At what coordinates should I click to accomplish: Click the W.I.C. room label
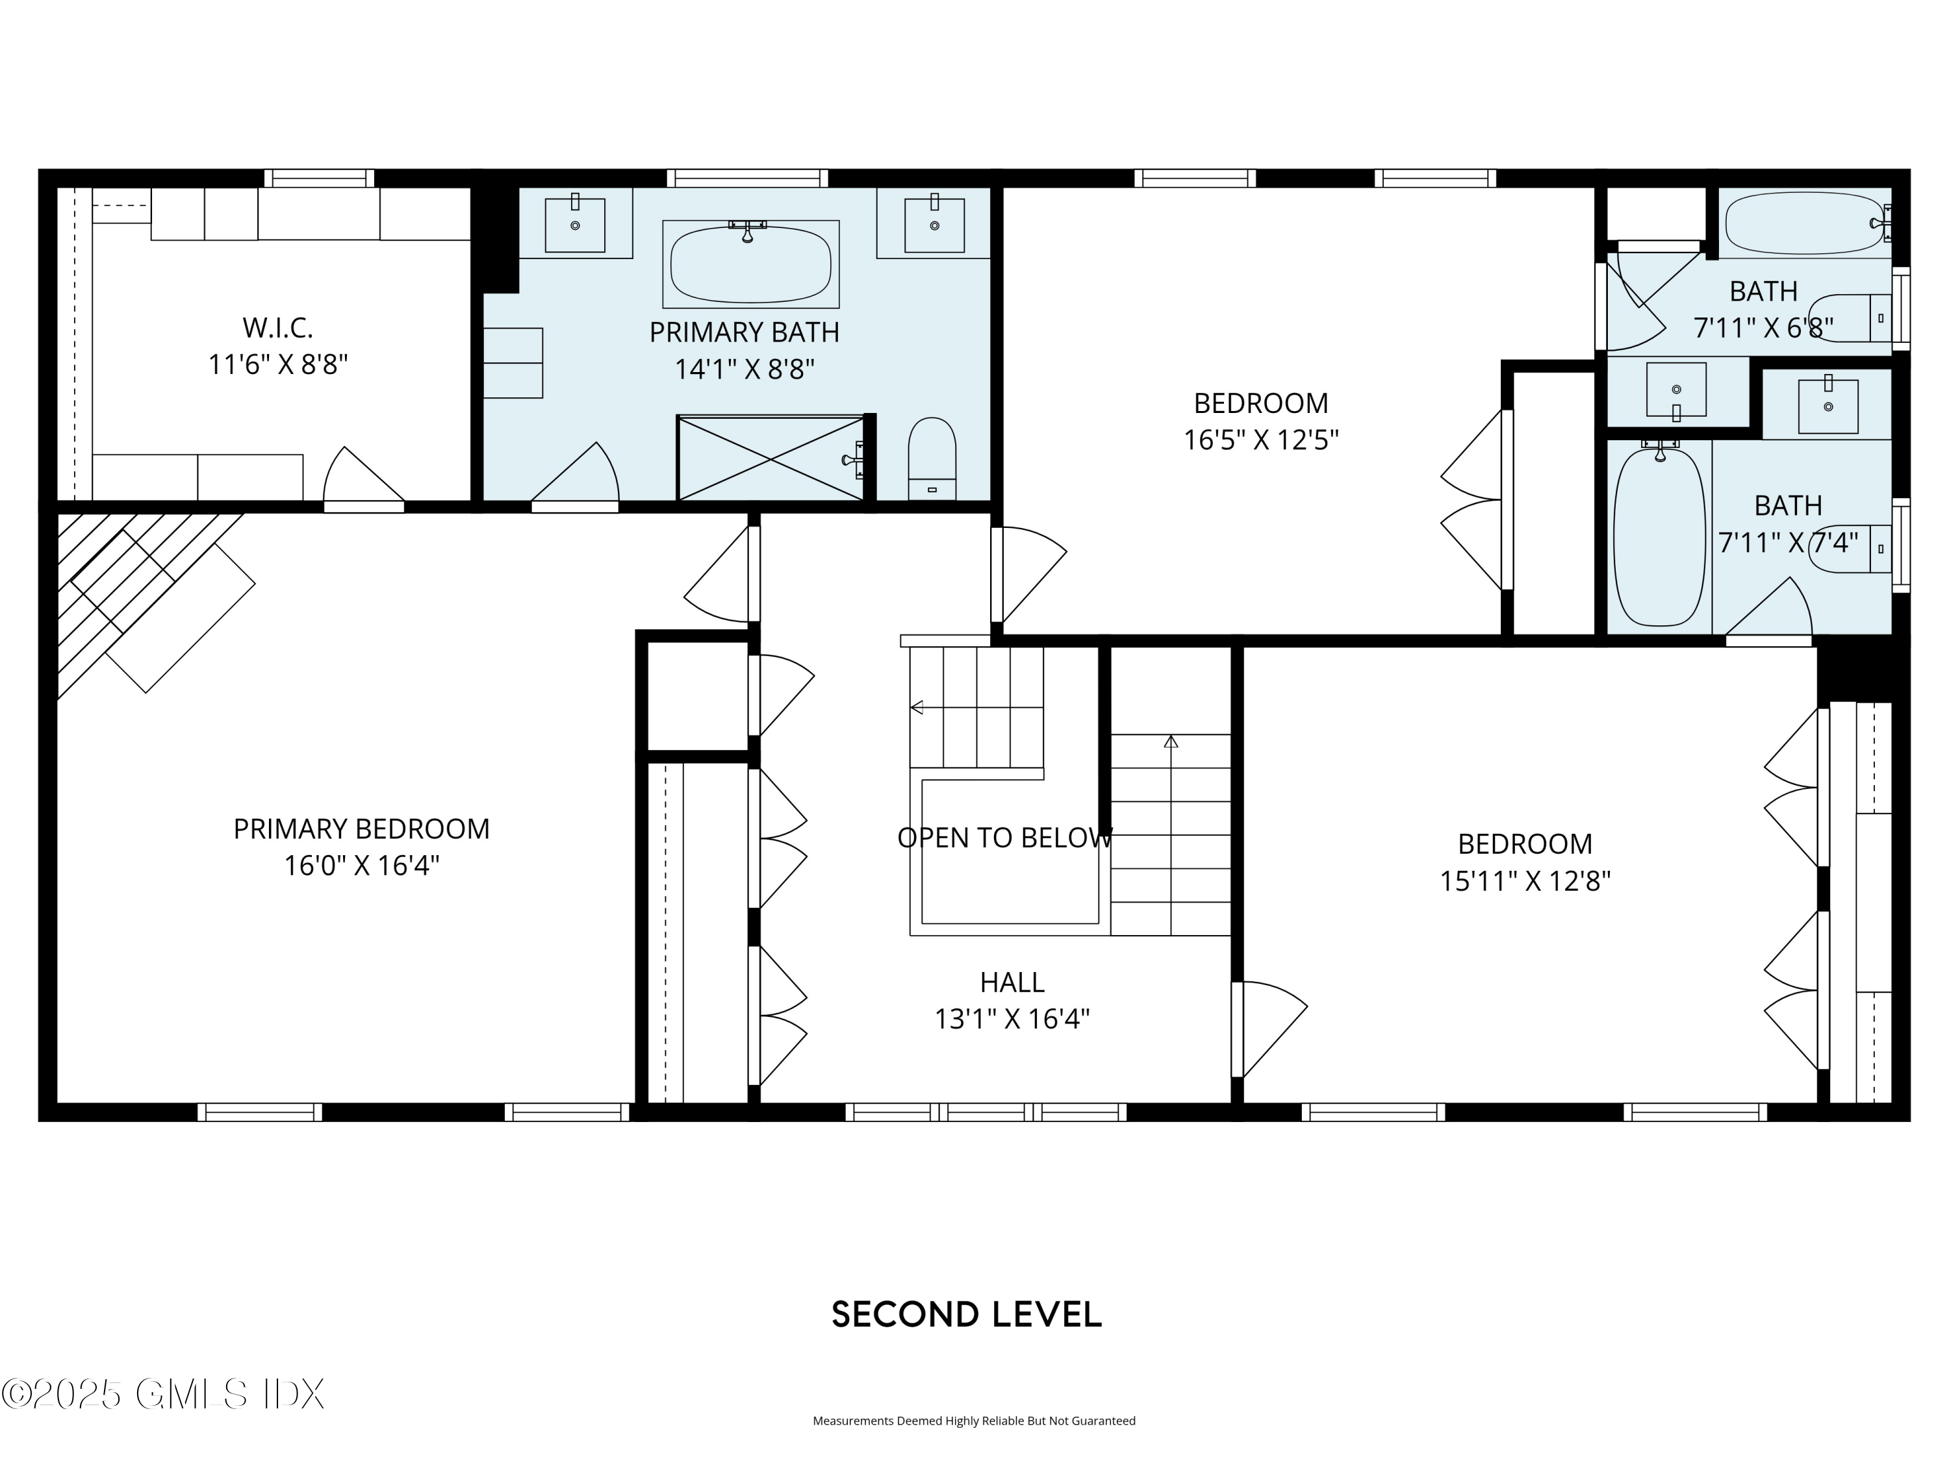click(x=277, y=329)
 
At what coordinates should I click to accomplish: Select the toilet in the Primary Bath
click(x=932, y=458)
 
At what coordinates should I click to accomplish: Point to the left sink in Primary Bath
click(x=574, y=225)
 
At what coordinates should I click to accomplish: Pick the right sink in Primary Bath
click(x=934, y=225)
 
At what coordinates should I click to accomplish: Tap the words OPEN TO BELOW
click(x=1004, y=838)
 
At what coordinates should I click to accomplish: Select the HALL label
click(x=1012, y=982)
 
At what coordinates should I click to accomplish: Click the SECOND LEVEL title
click(x=967, y=1315)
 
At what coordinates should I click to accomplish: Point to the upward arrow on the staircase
click(x=1170, y=742)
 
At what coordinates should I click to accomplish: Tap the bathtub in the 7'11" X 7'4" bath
click(x=1659, y=536)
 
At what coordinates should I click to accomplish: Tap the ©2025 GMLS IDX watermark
click(x=163, y=1394)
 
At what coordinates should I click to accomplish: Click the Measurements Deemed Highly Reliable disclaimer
click(x=974, y=1421)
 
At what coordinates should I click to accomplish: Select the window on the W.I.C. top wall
click(x=319, y=179)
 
